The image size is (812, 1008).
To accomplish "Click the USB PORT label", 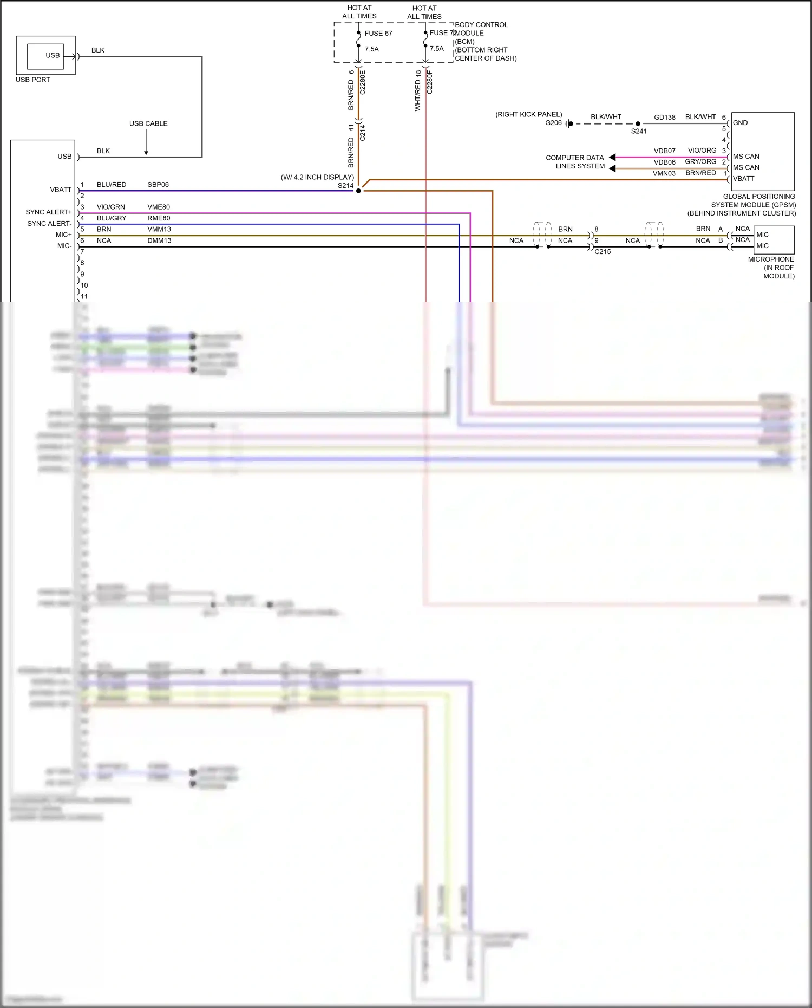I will pyautogui.click(x=32, y=80).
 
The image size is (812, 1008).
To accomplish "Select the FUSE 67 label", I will pyautogui.click(x=378, y=34).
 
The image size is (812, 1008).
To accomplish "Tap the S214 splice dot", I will pyautogui.click(x=358, y=191).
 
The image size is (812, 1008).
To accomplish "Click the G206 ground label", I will pyautogui.click(x=553, y=123).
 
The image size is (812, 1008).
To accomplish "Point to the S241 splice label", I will pyautogui.click(x=639, y=131).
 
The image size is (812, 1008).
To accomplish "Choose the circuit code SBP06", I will pyautogui.click(x=158, y=185).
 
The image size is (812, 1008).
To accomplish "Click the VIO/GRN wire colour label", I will pyautogui.click(x=111, y=207).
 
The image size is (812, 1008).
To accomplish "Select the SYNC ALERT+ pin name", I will pyautogui.click(x=48, y=212).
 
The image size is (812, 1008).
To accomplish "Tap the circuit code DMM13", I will pyautogui.click(x=159, y=240).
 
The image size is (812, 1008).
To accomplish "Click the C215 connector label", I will pyautogui.click(x=603, y=252).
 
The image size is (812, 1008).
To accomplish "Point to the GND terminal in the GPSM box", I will pyautogui.click(x=740, y=123).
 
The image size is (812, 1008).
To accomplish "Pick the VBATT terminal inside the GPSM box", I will pyautogui.click(x=743, y=179).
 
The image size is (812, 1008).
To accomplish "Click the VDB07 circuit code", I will pyautogui.click(x=664, y=151).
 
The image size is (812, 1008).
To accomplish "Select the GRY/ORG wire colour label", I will pyautogui.click(x=700, y=161).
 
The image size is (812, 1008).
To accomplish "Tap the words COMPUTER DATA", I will pyautogui.click(x=574, y=158).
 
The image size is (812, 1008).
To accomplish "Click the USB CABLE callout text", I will pyautogui.click(x=148, y=123).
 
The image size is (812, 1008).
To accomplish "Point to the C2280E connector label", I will pyautogui.click(x=363, y=82).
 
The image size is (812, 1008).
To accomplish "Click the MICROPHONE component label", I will pyautogui.click(x=771, y=259).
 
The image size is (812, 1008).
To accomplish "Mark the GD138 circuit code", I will pyautogui.click(x=665, y=118).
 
